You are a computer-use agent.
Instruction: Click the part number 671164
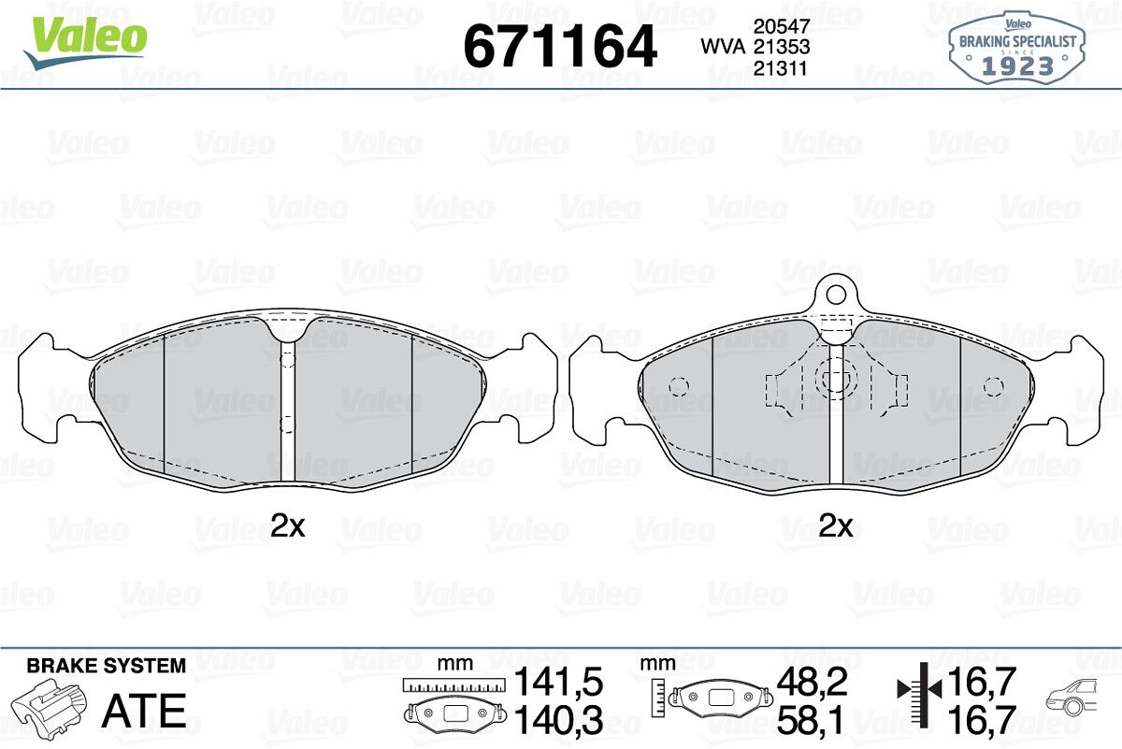(559, 47)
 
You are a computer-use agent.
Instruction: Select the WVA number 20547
(782, 26)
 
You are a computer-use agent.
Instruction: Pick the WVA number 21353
(782, 47)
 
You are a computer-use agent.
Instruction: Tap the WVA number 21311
(781, 68)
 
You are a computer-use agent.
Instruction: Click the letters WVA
(723, 47)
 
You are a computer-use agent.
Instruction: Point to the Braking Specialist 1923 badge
(1017, 49)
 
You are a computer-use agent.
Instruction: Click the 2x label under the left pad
(287, 526)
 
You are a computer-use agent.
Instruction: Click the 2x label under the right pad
(835, 526)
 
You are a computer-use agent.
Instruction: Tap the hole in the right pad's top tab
(836, 295)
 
